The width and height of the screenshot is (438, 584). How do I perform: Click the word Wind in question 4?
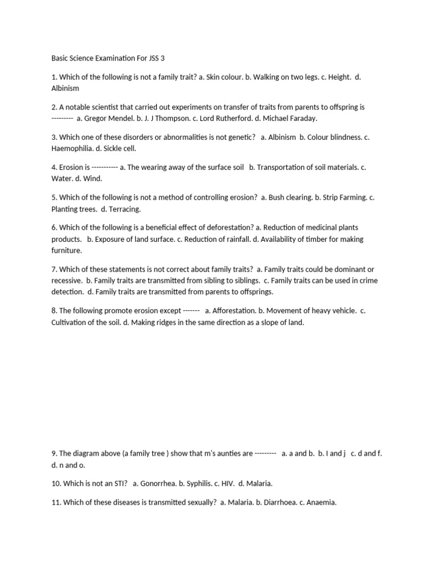(92, 179)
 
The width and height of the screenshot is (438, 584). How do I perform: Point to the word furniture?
(67, 250)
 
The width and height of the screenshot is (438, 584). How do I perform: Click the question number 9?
(54, 453)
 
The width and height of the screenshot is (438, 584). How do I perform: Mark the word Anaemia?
(321, 502)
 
